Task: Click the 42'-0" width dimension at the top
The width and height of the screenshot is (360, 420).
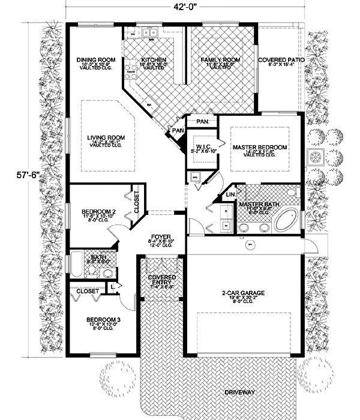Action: pyautogui.click(x=182, y=7)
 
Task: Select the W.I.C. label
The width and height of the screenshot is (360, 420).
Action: pyautogui.click(x=200, y=148)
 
